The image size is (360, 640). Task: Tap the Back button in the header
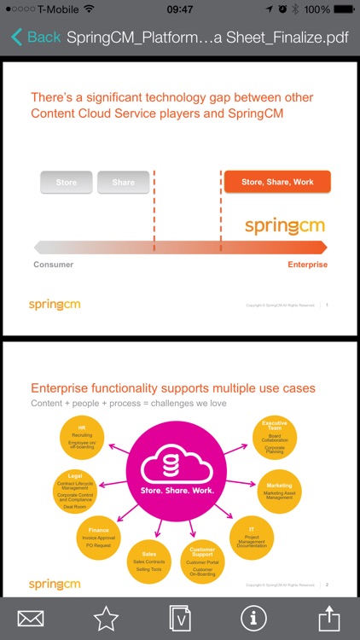[x=36, y=37]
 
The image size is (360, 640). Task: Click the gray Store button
[x=67, y=182]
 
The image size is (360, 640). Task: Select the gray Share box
[x=123, y=182]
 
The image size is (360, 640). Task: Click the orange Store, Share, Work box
[x=277, y=182]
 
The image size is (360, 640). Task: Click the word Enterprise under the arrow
[x=307, y=265]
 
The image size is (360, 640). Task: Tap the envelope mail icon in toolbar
[x=31, y=618]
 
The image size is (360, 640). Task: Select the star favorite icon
[x=106, y=618]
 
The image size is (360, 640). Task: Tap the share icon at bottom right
[x=328, y=616]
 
